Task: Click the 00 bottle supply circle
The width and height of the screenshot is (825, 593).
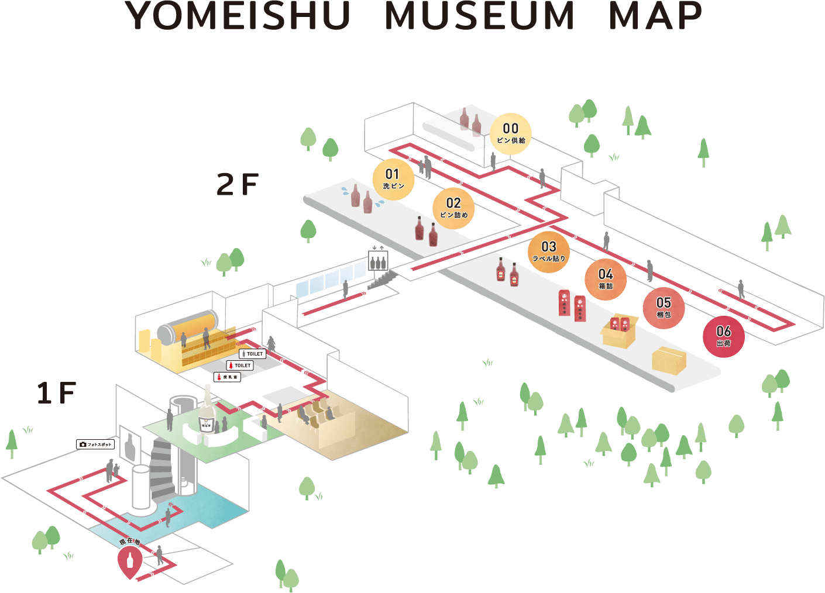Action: click(x=510, y=133)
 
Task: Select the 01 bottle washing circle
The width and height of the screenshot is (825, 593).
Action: click(x=393, y=179)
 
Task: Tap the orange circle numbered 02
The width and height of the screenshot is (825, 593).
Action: click(x=453, y=208)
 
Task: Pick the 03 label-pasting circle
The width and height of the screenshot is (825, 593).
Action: click(x=548, y=251)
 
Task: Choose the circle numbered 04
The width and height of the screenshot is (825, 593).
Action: click(x=605, y=279)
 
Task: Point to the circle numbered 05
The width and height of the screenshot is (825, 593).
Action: click(x=664, y=308)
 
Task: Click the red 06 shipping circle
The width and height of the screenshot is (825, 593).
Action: click(x=723, y=336)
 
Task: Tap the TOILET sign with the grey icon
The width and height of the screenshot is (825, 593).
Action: click(x=253, y=354)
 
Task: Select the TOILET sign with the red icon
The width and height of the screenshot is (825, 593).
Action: click(x=240, y=366)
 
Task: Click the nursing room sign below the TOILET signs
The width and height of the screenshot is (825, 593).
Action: click(x=227, y=377)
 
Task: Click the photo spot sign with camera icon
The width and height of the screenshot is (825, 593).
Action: click(x=95, y=444)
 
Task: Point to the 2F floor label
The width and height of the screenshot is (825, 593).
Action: click(x=237, y=184)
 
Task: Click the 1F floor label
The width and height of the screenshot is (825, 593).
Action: click(x=56, y=392)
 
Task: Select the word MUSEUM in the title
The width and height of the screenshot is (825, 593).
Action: click(x=480, y=16)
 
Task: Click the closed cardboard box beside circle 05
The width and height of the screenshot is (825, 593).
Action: click(x=669, y=360)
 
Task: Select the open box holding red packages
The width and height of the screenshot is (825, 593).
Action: click(x=619, y=331)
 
